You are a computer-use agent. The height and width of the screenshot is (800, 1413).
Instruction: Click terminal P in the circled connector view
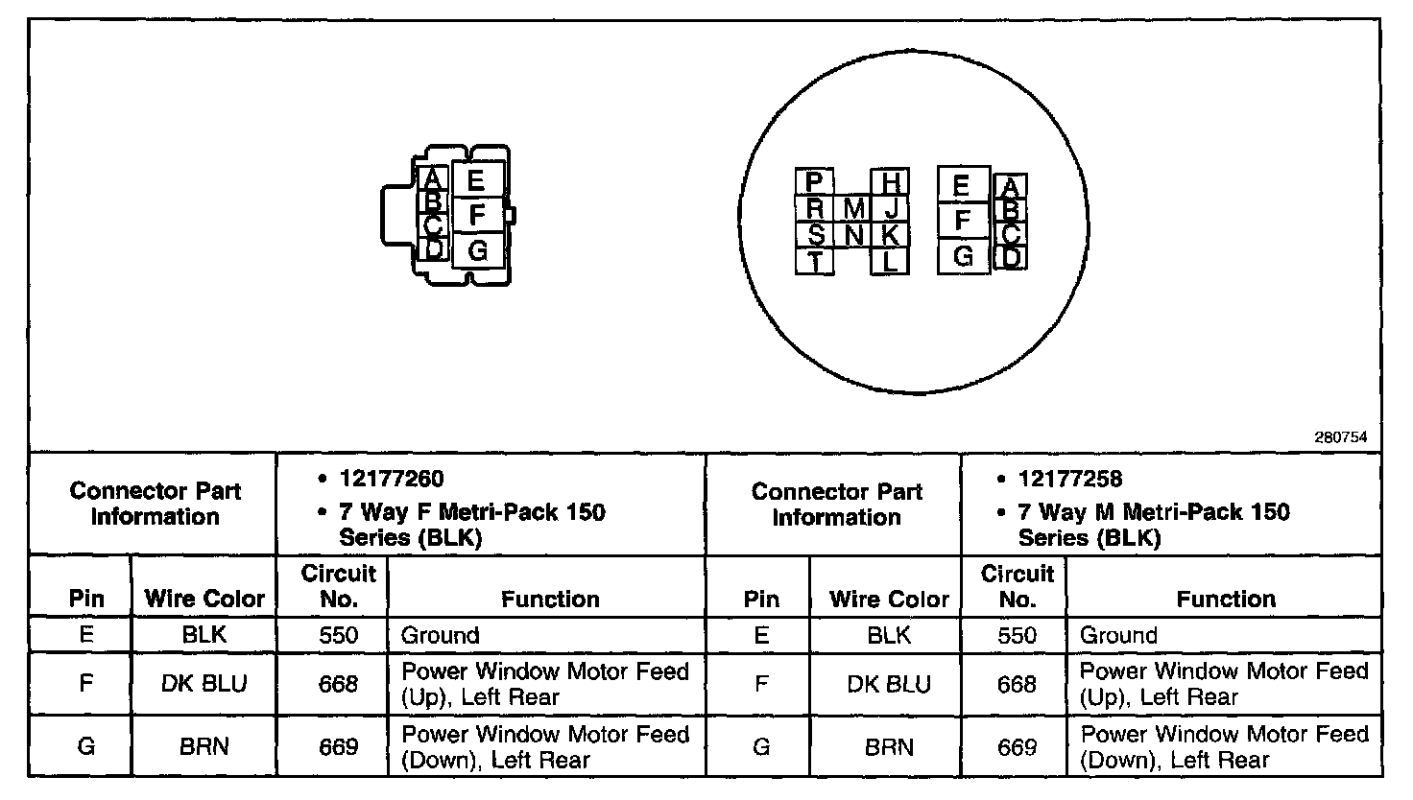pyautogui.click(x=814, y=182)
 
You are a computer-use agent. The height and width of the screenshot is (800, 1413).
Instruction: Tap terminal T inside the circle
pyautogui.click(x=815, y=261)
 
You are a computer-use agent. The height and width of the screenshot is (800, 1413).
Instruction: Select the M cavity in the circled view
pyautogui.click(x=854, y=208)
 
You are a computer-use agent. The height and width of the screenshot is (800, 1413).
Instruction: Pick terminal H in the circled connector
pyautogui.click(x=891, y=182)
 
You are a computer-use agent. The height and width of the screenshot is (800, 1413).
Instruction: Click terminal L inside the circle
pyautogui.click(x=890, y=261)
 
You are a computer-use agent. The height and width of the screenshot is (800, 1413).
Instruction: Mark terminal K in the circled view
pyautogui.click(x=890, y=234)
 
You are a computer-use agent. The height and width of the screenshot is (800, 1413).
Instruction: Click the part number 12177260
pyautogui.click(x=392, y=479)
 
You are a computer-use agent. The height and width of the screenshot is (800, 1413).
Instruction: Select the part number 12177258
pyautogui.click(x=1070, y=479)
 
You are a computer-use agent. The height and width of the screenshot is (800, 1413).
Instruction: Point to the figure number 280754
pyautogui.click(x=1340, y=437)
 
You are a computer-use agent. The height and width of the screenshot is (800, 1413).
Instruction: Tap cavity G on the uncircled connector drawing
pyautogui.click(x=477, y=251)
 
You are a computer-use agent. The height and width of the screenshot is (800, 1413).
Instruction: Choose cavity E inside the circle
pyautogui.click(x=963, y=186)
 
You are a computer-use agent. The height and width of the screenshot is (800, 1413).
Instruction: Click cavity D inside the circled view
pyautogui.click(x=1010, y=257)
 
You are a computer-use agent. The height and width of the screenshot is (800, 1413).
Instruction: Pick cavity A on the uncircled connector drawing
pyautogui.click(x=433, y=178)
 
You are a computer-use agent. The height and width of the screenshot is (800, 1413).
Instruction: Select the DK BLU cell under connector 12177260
pyautogui.click(x=204, y=683)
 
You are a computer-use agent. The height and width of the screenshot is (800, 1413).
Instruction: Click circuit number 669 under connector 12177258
pyautogui.click(x=1017, y=746)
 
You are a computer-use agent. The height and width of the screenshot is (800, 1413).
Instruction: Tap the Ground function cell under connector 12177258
pyautogui.click(x=1118, y=635)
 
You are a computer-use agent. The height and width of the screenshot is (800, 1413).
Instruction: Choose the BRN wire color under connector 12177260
pyautogui.click(x=204, y=746)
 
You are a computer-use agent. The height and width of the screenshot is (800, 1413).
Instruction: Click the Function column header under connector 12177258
pyautogui.click(x=1226, y=600)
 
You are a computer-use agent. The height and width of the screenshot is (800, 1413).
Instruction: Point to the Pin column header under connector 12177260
pyautogui.click(x=86, y=600)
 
